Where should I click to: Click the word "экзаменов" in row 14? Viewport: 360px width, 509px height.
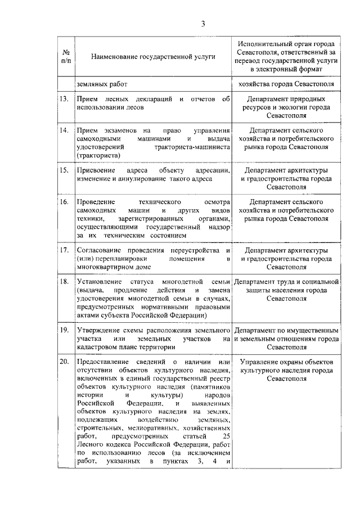(118, 131)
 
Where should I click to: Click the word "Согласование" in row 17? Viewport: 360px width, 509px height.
(100, 250)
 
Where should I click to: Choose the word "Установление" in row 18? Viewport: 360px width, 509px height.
(99, 282)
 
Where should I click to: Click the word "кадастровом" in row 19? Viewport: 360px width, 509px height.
(97, 347)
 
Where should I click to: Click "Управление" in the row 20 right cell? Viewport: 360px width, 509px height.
(259, 362)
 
